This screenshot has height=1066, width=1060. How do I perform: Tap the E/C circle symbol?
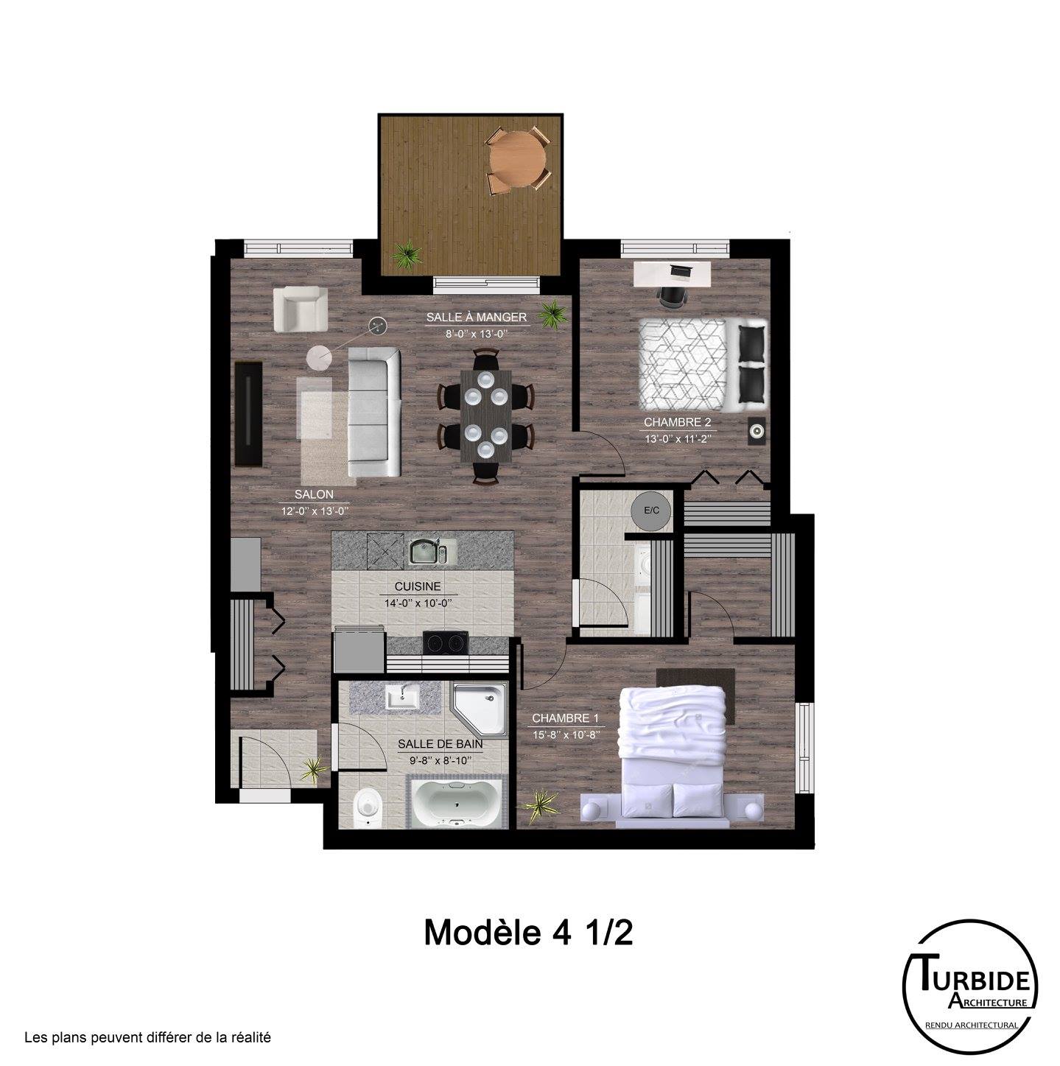pos(652,510)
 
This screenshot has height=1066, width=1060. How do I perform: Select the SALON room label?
pos(314,494)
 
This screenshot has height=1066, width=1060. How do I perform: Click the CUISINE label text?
pos(418,586)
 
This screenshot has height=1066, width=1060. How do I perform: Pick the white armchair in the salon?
pos(301,309)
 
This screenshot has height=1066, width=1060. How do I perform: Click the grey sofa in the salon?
pos(374,412)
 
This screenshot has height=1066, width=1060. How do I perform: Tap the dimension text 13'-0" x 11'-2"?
pos(677,438)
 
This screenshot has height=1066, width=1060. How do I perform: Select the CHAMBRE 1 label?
pos(565,718)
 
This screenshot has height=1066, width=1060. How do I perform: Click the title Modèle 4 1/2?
pos(527,933)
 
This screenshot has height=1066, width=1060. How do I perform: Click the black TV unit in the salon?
pos(248,414)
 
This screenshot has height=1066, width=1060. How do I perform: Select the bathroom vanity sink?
pos(403,697)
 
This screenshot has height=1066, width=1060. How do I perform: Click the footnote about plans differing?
pos(148,1038)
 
